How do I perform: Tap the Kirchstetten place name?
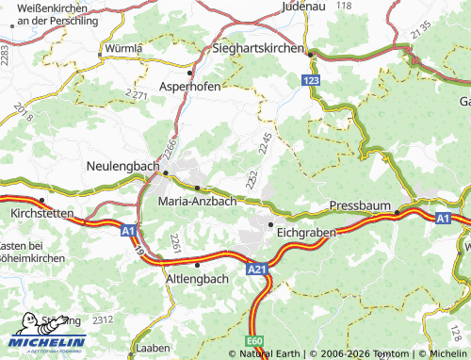click(x=41, y=214)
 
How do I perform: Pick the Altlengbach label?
click(x=197, y=280)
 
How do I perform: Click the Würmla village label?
click(x=123, y=47)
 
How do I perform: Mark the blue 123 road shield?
click(x=312, y=83)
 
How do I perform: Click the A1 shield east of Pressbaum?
click(x=443, y=218)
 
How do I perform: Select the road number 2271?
click(x=138, y=95)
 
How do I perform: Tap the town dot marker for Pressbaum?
click(x=398, y=214)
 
